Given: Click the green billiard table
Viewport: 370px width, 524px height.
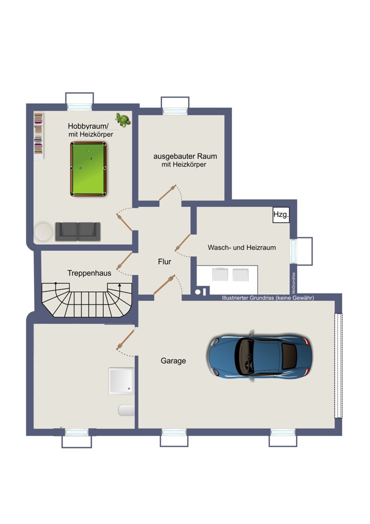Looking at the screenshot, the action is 88,169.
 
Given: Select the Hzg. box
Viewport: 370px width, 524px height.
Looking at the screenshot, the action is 281,214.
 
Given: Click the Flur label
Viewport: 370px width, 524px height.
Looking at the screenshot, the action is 165,261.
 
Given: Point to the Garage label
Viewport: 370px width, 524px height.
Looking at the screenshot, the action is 173,361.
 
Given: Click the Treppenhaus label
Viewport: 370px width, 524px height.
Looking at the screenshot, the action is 89,273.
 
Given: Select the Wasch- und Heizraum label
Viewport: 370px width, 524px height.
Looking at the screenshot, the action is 242,248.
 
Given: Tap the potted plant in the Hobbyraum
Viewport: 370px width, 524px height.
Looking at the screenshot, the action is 123,120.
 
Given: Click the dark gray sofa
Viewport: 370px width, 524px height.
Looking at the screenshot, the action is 78,232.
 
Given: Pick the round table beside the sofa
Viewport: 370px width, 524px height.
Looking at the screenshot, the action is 43,232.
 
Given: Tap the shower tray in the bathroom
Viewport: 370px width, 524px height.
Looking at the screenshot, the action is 122,381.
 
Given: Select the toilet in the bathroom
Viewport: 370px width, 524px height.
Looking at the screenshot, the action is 126,410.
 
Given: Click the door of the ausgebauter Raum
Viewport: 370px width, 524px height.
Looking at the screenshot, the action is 168,193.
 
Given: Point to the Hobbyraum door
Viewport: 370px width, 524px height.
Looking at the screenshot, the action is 124,222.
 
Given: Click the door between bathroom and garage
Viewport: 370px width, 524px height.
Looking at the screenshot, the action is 125,339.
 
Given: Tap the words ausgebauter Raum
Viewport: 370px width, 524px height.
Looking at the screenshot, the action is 185,156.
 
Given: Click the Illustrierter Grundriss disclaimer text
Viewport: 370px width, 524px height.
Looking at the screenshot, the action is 268,298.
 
